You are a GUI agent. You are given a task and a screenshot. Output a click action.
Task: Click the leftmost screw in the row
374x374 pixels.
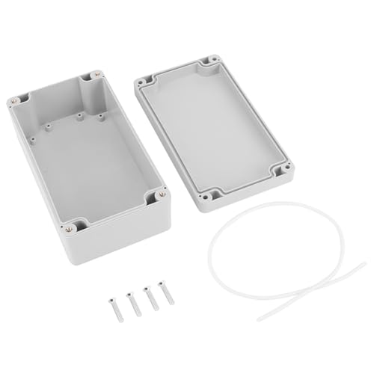115,304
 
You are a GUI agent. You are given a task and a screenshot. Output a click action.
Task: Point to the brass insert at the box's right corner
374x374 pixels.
158,197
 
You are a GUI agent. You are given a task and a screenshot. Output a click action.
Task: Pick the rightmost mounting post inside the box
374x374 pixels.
99,117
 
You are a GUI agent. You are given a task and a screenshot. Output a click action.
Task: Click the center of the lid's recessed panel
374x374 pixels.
213,127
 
